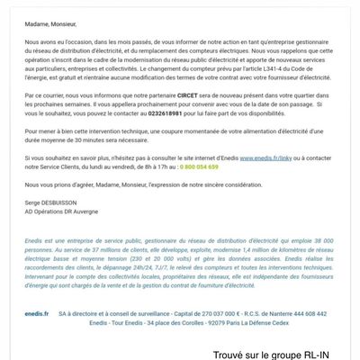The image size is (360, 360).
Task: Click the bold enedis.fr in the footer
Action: click(x=37, y=312)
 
